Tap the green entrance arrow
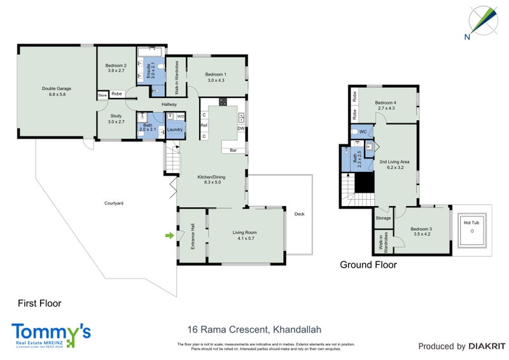[x=169, y=236]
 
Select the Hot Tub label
[x=471, y=223]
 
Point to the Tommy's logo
[x=51, y=333]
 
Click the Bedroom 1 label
[x=216, y=77]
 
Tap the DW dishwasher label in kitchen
[x=241, y=128]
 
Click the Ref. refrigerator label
[x=204, y=126]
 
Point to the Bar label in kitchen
[x=234, y=151]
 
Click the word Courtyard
[x=114, y=203]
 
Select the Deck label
[x=300, y=214]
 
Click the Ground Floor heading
[x=368, y=265]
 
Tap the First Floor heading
[x=39, y=303]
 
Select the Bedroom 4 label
[x=386, y=106]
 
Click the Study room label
[x=115, y=118]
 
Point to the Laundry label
[x=176, y=130]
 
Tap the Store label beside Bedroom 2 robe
[x=102, y=95]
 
